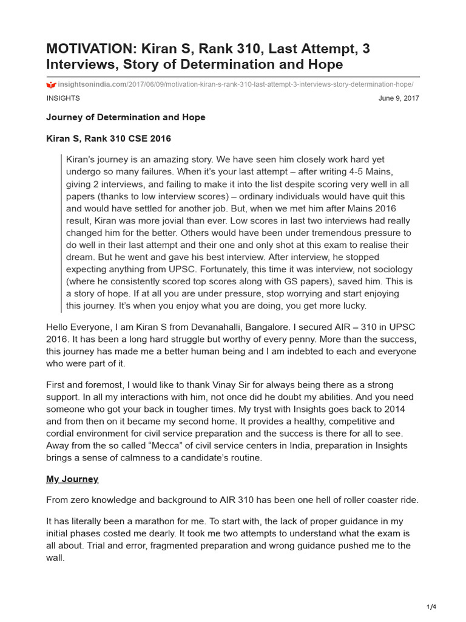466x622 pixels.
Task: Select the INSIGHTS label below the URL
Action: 62,98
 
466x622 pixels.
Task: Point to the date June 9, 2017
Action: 398,98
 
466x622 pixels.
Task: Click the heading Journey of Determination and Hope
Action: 126,117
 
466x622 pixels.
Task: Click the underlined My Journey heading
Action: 72,479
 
